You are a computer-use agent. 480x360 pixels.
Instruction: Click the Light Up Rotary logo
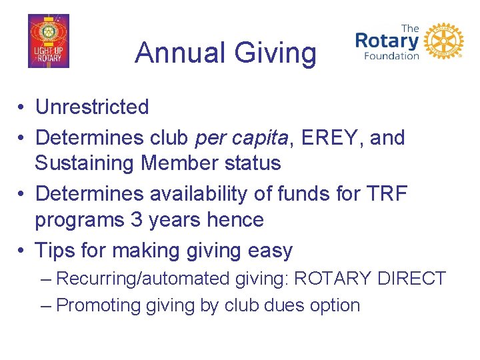[x=48, y=41]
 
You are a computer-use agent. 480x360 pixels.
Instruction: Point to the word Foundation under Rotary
[x=391, y=56]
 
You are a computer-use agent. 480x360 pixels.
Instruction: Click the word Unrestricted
[x=92, y=107]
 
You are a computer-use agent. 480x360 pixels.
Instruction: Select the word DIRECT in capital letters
[x=411, y=279]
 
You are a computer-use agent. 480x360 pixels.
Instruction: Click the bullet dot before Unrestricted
[x=22, y=107]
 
